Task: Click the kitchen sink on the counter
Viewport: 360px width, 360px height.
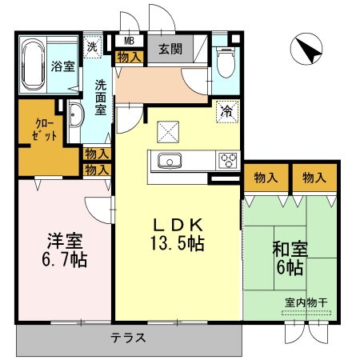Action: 170,161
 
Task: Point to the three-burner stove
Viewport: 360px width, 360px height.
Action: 226,160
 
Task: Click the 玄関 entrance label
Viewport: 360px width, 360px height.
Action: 169,50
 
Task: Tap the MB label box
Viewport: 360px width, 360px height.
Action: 129,41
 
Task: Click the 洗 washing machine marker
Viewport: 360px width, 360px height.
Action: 94,46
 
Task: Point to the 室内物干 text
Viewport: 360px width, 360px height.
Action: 306,303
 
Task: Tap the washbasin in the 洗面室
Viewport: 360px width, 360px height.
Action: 77,117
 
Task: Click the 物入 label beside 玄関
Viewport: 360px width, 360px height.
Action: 129,56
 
